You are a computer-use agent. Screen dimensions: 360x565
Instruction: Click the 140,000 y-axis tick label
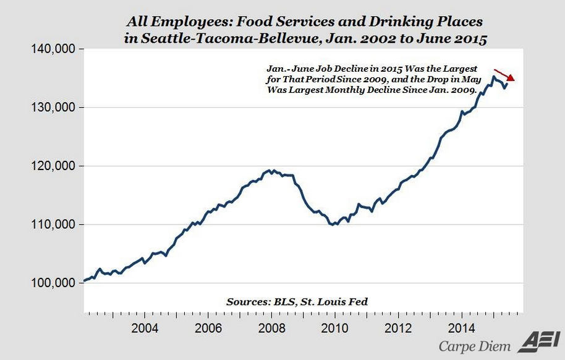click(x=52, y=49)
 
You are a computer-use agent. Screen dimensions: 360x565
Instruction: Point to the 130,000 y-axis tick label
click(x=52, y=108)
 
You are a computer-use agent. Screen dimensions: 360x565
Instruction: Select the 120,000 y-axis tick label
click(x=52, y=166)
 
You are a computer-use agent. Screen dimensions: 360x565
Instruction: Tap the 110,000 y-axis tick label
click(x=52, y=225)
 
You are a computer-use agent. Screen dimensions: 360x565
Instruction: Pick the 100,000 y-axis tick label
click(x=52, y=283)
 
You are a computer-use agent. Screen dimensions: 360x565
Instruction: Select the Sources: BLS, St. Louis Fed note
click(x=297, y=302)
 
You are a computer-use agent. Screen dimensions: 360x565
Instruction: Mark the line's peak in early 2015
click(x=493, y=77)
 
